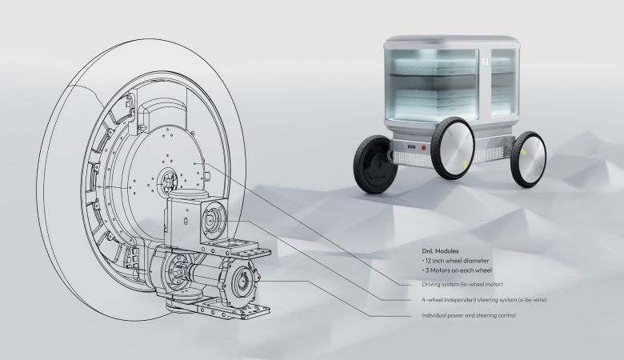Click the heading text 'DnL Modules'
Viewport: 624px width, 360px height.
point(440,251)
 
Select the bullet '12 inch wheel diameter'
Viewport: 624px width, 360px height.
point(457,261)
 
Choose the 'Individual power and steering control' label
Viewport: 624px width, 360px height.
point(469,315)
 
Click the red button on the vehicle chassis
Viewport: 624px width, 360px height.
point(423,147)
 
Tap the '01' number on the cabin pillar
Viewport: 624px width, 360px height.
point(485,62)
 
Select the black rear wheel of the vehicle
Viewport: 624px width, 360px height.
point(374,164)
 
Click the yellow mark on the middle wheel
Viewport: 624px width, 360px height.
point(465,164)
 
